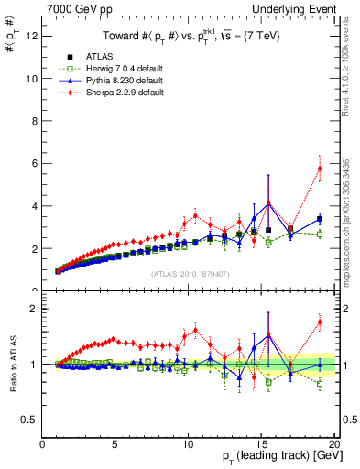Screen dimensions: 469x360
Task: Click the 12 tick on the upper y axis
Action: click(32, 36)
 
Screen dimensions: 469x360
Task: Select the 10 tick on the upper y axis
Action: click(32, 79)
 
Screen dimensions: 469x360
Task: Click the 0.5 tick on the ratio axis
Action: click(30, 420)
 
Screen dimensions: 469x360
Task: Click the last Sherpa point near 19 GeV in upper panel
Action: click(320, 168)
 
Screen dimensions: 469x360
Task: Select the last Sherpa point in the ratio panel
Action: click(320, 322)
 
